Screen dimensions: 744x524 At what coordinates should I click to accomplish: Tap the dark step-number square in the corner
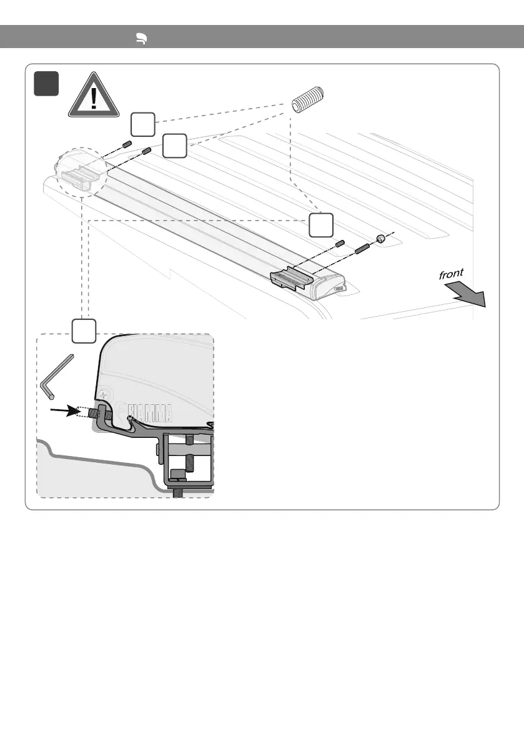47,84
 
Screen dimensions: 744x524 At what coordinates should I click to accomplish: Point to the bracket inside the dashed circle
79,177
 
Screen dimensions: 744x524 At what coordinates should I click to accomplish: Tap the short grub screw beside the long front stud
341,243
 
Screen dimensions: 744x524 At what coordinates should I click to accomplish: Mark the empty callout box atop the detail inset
83,330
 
